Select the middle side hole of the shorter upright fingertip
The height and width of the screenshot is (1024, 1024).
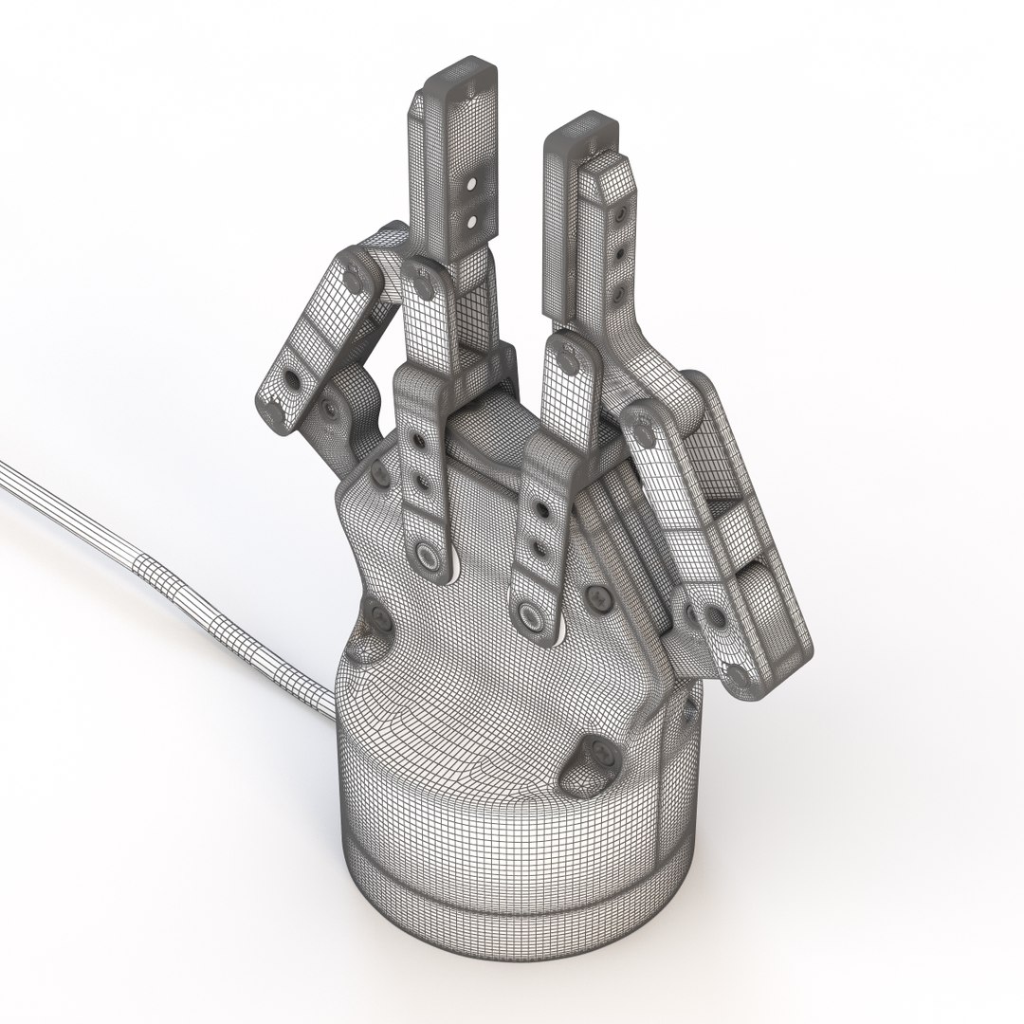(620, 255)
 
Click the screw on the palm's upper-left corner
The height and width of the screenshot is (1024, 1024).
(378, 475)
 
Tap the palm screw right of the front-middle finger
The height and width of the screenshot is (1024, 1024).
(598, 596)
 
